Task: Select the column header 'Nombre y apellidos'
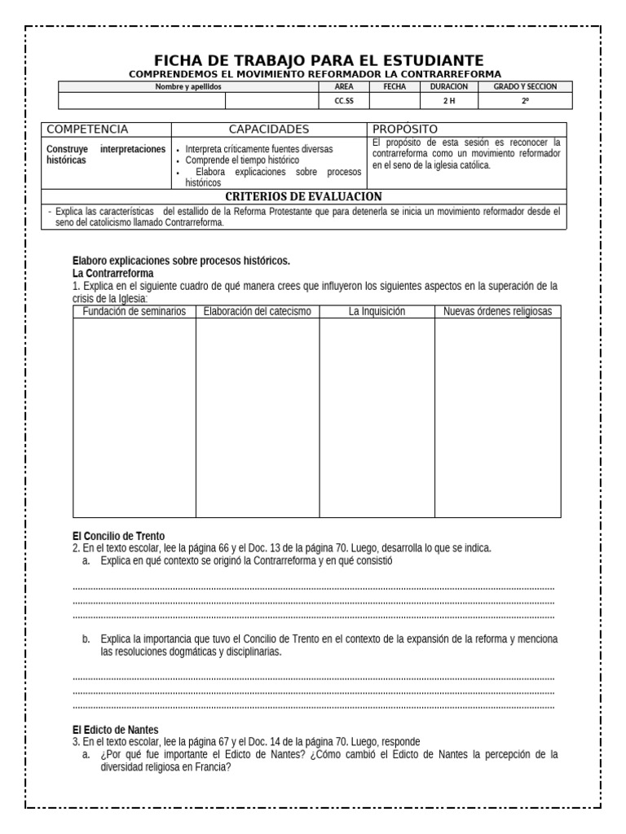pos(188,86)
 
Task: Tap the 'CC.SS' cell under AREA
pos(344,101)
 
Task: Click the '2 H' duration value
pos(449,101)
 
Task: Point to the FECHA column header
pos(395,86)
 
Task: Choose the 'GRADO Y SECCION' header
pos(525,86)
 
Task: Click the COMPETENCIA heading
pos(87,129)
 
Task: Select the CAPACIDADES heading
pos(269,129)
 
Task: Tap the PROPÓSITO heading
pos(405,129)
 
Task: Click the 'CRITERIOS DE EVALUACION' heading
pos(302,196)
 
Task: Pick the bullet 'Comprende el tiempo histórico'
pos(242,160)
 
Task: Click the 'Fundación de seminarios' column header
pos(134,312)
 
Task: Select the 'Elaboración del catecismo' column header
pos(257,312)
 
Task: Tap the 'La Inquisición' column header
pos(377,312)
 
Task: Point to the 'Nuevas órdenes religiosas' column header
pos(497,312)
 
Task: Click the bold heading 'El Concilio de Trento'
pos(118,536)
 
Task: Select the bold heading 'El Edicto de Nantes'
pos(115,730)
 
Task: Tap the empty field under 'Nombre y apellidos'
pos(142,101)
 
